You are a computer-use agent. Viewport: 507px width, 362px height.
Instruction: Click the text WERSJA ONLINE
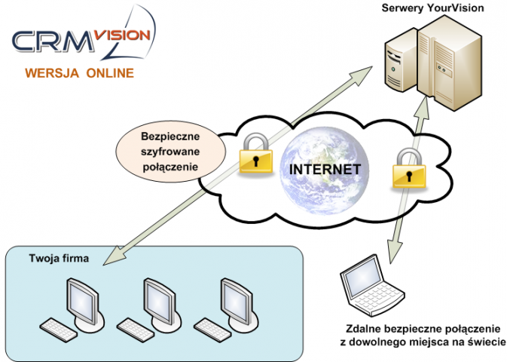pos(79,73)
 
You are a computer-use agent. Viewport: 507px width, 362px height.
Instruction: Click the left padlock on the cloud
pos(255,155)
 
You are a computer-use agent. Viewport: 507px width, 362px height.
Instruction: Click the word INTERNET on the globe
pos(325,168)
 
